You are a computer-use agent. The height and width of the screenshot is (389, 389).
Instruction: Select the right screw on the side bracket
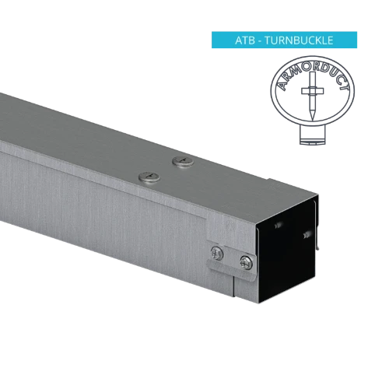tap(246, 261)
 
